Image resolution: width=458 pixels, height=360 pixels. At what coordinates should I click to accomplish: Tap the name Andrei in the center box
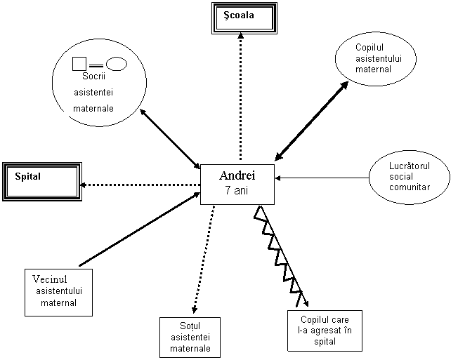point(237,175)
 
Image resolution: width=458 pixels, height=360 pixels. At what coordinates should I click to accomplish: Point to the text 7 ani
point(237,190)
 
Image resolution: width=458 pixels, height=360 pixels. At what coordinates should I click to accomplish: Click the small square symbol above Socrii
point(79,64)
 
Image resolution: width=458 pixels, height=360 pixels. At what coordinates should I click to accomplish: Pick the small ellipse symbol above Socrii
point(116,64)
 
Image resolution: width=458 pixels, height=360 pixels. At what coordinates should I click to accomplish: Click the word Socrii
point(93,76)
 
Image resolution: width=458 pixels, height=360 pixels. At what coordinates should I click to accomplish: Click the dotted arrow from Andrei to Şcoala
point(240,97)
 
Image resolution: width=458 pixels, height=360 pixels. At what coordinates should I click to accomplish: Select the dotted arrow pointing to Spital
point(140,185)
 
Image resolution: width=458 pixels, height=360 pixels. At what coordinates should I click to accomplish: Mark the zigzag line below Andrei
point(280,256)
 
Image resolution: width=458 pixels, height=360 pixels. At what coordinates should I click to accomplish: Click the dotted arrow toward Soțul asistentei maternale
point(204,259)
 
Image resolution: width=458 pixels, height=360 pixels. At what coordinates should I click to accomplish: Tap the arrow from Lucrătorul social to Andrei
point(322,178)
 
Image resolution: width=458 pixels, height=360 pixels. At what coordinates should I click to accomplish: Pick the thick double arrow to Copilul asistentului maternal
point(311,121)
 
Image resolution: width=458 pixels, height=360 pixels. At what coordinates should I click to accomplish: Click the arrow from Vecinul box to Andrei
point(140,229)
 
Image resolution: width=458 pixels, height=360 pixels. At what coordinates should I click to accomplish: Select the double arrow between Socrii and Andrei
point(170,139)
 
